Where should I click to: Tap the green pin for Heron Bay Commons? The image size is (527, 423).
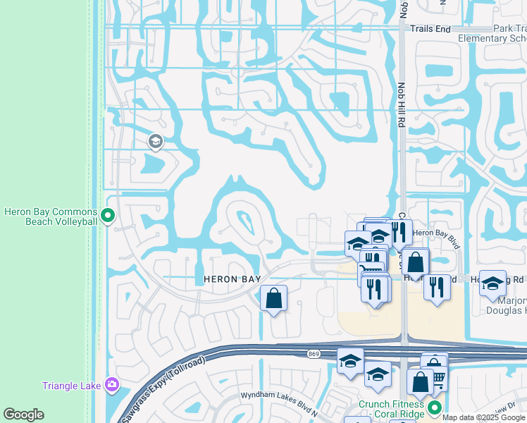coord(108,214)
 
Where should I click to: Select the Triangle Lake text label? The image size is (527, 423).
coord(70,386)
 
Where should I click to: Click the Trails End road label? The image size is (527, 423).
coord(430,29)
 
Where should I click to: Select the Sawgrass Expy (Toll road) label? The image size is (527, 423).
coord(166,381)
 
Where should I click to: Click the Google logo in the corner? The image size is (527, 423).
coord(23,415)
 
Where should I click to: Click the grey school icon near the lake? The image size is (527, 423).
coord(155,143)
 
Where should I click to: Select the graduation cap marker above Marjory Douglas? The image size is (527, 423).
coord(492,282)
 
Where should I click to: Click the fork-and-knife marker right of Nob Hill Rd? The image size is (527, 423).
coord(437,287)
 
